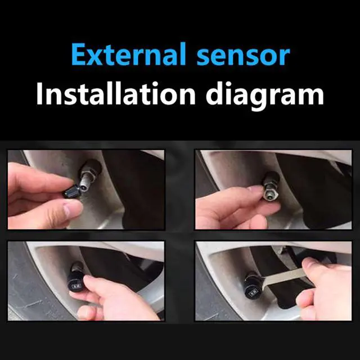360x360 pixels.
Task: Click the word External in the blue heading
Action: tap(129, 54)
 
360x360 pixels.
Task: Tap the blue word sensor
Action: tap(244, 56)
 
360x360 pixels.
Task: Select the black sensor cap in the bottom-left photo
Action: tap(76, 278)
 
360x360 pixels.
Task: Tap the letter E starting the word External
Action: tap(79, 55)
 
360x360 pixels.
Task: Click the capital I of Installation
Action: tap(40, 93)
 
